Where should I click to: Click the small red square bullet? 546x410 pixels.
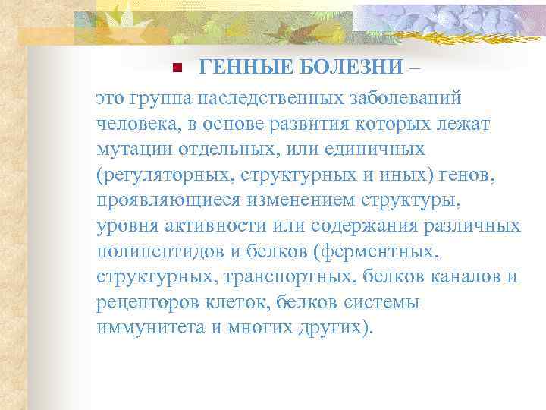pyautogui.click(x=174, y=68)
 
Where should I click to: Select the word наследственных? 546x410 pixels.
pyautogui.click(x=265, y=99)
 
